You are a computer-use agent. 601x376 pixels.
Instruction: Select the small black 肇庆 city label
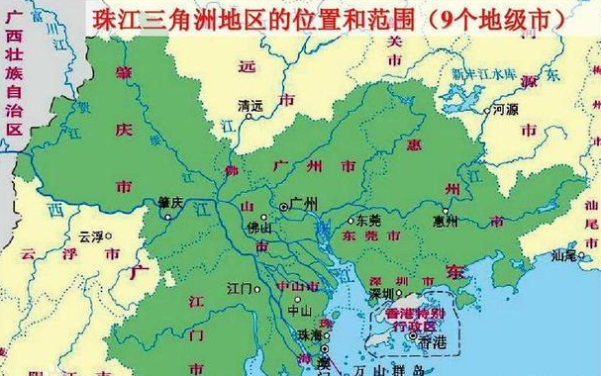point(169,201)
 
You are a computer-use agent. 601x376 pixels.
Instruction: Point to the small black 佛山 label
point(259,227)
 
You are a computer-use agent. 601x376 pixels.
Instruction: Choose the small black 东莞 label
point(368,221)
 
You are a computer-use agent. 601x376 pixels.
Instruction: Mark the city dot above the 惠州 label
point(447,211)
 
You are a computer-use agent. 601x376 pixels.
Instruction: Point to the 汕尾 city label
point(565,255)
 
